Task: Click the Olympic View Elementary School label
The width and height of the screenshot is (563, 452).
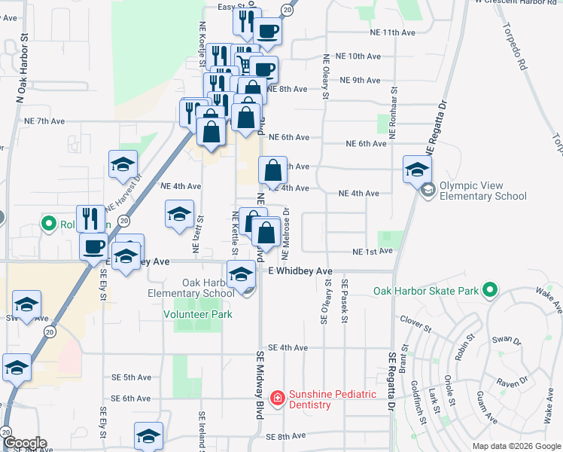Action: (482, 191)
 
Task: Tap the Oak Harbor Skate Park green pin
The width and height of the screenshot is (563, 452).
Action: (490, 289)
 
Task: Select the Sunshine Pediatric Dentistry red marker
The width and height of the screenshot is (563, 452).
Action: (277, 397)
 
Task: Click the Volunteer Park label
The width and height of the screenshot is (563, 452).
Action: (198, 314)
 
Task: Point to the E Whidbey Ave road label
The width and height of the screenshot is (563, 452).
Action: (300, 270)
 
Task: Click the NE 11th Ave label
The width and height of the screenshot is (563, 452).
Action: (392, 33)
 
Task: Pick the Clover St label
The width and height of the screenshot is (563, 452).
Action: (415, 324)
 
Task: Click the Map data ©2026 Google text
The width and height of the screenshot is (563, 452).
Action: (516, 446)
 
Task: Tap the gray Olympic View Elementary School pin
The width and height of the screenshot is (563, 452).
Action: (428, 190)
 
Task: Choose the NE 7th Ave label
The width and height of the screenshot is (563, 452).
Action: (45, 121)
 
